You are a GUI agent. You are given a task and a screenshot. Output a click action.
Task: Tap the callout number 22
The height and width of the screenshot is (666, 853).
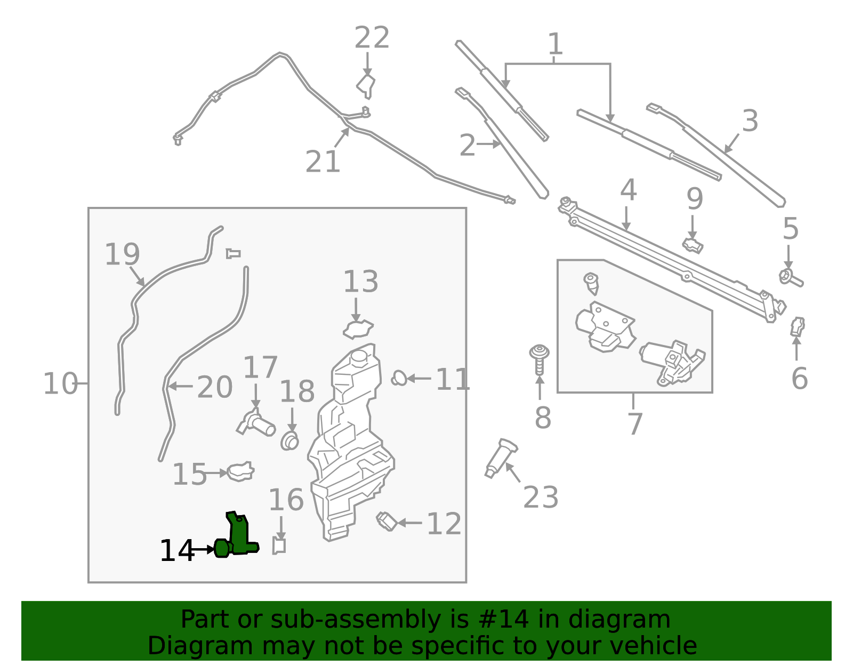tap(372, 38)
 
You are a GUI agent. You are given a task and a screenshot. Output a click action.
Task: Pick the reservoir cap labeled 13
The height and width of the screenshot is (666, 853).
tap(358, 330)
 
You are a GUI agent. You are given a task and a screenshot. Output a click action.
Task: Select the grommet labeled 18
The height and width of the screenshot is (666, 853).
tap(289, 442)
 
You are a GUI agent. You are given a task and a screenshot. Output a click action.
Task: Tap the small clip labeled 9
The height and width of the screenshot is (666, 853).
tap(693, 246)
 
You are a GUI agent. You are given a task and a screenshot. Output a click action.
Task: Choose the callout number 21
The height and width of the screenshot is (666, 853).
tap(322, 162)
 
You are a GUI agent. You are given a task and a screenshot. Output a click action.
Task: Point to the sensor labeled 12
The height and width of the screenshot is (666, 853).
tap(387, 521)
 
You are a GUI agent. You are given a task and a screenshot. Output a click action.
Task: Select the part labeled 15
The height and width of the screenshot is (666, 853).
tap(240, 471)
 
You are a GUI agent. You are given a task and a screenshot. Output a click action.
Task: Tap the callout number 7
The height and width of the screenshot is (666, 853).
tap(634, 424)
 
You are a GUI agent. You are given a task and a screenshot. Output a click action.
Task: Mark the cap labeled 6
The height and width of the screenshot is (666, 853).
tap(797, 326)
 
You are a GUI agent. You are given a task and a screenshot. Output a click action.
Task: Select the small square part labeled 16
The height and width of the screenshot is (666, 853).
tap(279, 546)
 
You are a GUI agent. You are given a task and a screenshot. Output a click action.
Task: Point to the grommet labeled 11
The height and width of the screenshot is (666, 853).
tap(398, 379)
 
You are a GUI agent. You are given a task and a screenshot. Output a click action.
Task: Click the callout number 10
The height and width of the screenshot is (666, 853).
tap(60, 384)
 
